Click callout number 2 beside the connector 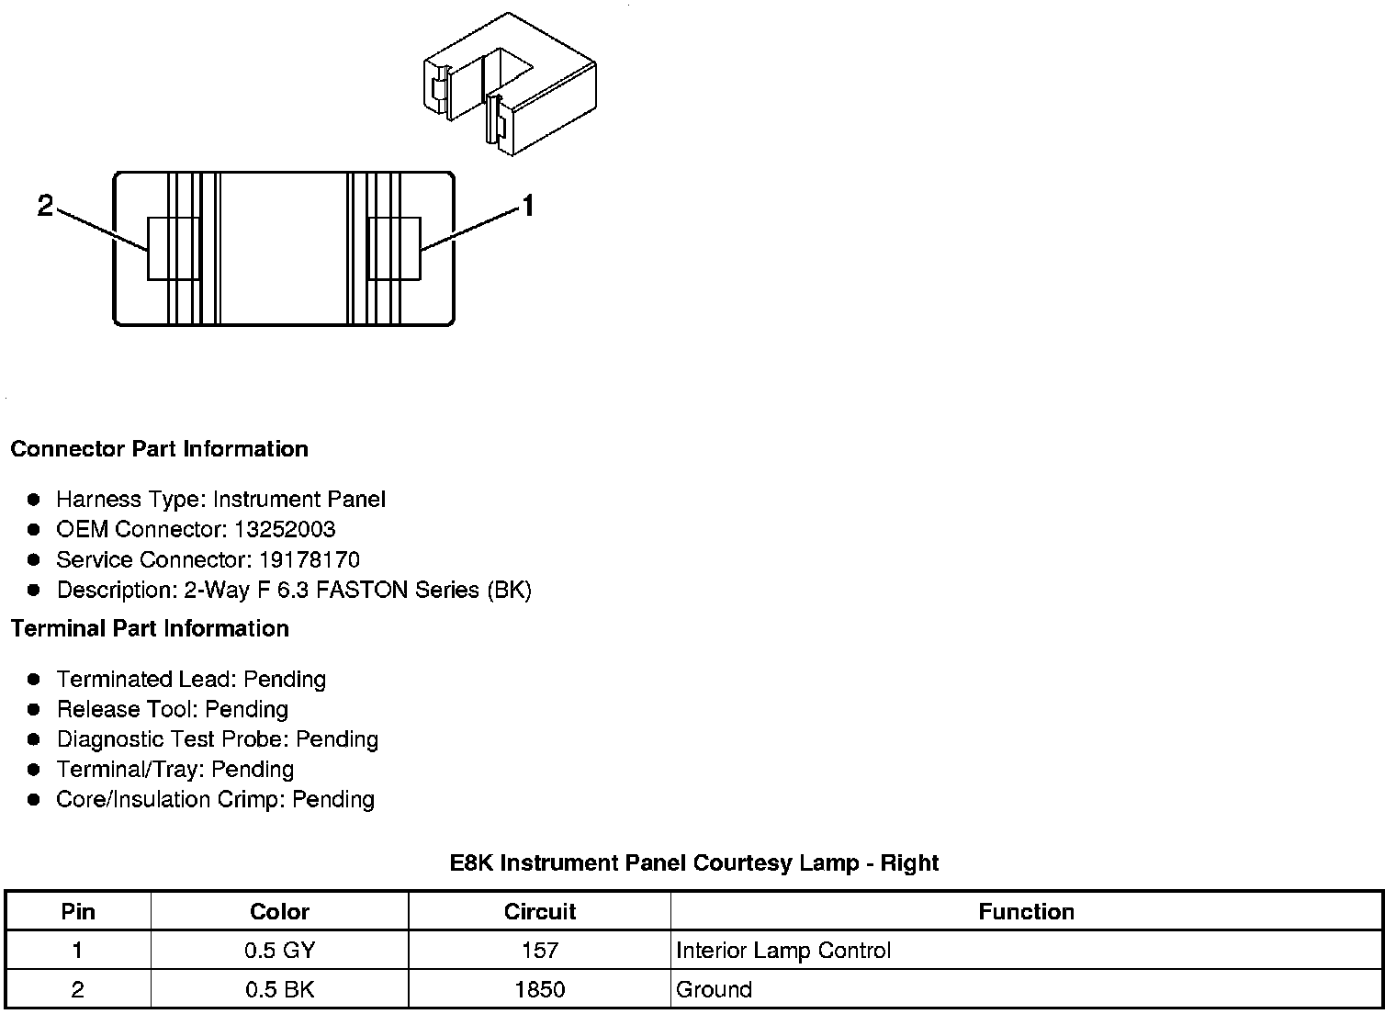click(x=45, y=207)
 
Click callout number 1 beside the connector click(x=528, y=207)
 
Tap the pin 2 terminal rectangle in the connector click(x=174, y=248)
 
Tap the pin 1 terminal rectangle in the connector click(x=394, y=248)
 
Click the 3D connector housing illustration click(x=510, y=84)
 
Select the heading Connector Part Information click(x=159, y=449)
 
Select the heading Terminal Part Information click(x=150, y=628)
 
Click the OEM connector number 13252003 click(x=285, y=529)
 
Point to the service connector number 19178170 click(x=309, y=559)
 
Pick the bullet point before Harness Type click(x=34, y=500)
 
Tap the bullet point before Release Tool click(x=34, y=709)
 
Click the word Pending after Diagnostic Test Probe click(x=337, y=739)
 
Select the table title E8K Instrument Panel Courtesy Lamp click(x=693, y=863)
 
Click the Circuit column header click(x=539, y=911)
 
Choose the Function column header click(x=1026, y=911)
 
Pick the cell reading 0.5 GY click(x=279, y=951)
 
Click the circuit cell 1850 click(x=539, y=989)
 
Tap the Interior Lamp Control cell click(x=783, y=951)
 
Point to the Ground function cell click(x=714, y=989)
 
